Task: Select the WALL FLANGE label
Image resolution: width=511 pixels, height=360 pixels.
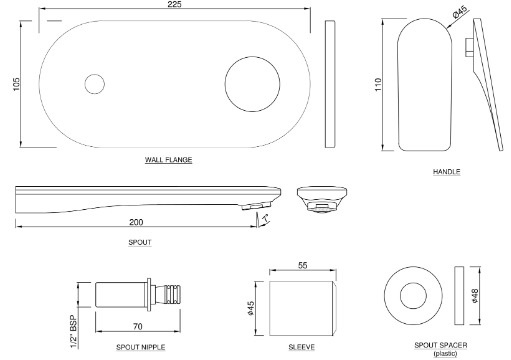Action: pos(168,160)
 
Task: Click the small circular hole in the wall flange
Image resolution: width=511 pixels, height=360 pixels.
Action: pos(95,85)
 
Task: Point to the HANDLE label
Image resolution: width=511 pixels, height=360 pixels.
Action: pos(447,173)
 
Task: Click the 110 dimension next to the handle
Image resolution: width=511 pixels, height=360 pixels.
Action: pos(377,86)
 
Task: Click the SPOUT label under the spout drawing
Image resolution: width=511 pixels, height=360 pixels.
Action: pos(141,243)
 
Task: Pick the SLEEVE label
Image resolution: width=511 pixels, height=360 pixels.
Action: pos(300,346)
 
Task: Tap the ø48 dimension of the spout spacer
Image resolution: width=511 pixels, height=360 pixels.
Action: pos(474,298)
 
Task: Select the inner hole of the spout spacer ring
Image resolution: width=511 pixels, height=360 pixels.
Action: pos(413,298)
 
